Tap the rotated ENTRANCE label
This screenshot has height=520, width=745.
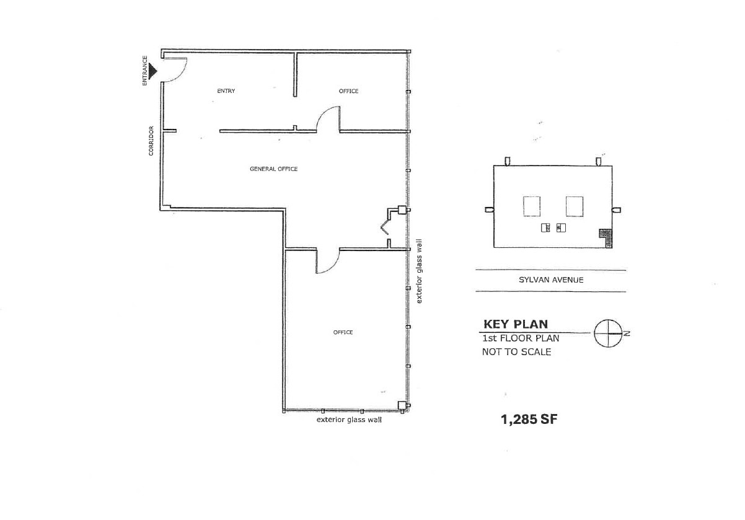coord(145,71)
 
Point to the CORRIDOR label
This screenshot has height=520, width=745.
coord(151,141)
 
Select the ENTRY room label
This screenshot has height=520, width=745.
coord(226,91)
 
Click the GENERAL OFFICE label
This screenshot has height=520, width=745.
coord(273,169)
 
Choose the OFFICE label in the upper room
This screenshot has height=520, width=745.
coord(348,91)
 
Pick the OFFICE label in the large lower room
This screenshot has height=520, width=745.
coord(343,332)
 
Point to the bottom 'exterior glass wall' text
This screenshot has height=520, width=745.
coord(349,420)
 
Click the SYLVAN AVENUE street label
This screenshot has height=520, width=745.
coord(551,280)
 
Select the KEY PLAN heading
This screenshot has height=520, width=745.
coord(515,324)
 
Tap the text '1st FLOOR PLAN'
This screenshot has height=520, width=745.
coord(521,338)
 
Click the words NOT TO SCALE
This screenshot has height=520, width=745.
coord(516,352)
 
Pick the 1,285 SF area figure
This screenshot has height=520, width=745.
coord(529,420)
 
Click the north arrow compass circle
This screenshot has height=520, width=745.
coord(608,333)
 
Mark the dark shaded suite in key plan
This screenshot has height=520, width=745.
coord(606,237)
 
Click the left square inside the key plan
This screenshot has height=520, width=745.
coord(532,206)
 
